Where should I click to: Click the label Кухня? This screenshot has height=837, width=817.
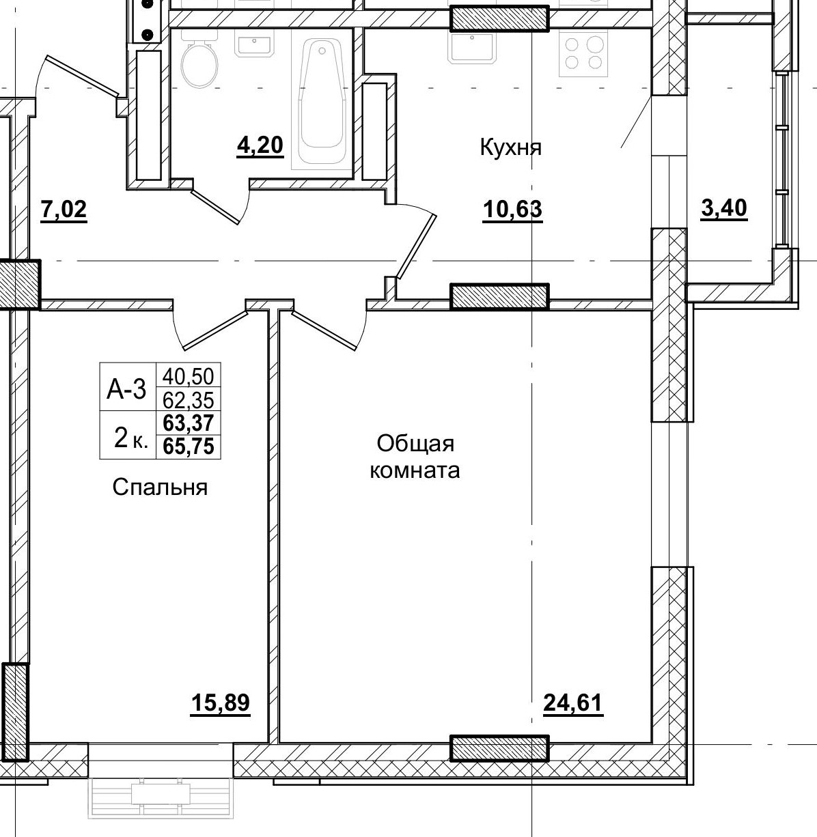tap(510, 147)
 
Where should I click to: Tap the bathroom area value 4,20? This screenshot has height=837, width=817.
tap(260, 145)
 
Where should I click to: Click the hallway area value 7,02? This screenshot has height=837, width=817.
tap(64, 210)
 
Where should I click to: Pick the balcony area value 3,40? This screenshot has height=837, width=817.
tap(724, 208)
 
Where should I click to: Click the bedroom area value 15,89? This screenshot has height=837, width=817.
tap(220, 703)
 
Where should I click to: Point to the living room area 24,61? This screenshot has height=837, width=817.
tap(573, 703)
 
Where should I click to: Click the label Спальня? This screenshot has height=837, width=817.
tap(160, 487)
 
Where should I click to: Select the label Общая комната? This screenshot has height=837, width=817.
tap(415, 457)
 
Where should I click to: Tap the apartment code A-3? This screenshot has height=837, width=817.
tap(127, 389)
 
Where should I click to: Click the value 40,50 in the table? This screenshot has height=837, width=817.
tap(189, 375)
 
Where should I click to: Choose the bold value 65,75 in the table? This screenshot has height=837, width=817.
tap(189, 446)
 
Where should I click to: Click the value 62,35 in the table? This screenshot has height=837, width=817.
tap(189, 399)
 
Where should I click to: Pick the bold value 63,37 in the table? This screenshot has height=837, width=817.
tap(189, 424)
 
